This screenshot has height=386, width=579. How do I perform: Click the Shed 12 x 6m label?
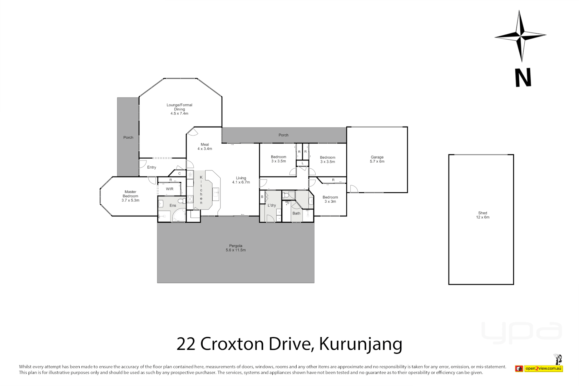click(x=482, y=215)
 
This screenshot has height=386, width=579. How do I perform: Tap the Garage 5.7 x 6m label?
click(x=377, y=159)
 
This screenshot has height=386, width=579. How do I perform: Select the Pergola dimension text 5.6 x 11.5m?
click(x=236, y=250)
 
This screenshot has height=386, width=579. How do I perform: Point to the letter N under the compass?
click(x=523, y=78)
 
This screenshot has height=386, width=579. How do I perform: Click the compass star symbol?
click(x=520, y=36)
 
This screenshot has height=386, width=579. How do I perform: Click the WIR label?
click(x=170, y=189)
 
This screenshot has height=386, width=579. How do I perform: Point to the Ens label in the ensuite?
click(x=173, y=206)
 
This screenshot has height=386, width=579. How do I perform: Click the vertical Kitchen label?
click(x=201, y=190)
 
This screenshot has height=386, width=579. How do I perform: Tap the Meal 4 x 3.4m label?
click(x=205, y=147)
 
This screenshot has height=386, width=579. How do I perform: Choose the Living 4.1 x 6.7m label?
click(x=241, y=180)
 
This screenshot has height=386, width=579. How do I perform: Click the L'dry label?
click(x=272, y=206)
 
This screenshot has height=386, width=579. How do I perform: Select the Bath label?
click(x=296, y=213)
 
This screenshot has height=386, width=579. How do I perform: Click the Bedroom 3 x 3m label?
click(x=330, y=199)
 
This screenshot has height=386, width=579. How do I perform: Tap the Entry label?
click(x=152, y=167)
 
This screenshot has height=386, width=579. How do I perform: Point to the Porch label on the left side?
click(x=128, y=138)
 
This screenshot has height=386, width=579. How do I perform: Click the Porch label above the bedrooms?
click(x=283, y=135)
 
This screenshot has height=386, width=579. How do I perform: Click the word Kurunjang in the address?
click(x=361, y=344)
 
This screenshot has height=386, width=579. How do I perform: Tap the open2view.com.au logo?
click(x=543, y=368)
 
